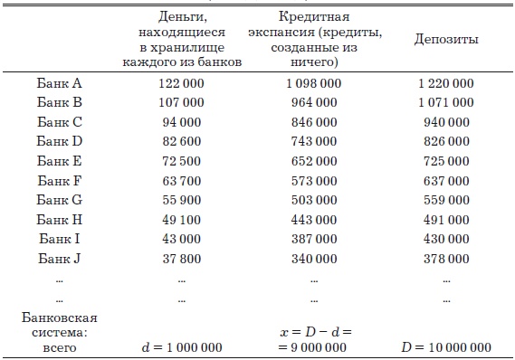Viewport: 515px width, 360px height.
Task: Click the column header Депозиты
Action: (x=445, y=40)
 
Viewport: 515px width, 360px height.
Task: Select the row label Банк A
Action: (x=59, y=83)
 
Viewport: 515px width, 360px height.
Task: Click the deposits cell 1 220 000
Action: (x=445, y=83)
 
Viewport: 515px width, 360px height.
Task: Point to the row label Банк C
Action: (x=59, y=122)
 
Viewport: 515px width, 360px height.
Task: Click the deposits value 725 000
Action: (x=445, y=161)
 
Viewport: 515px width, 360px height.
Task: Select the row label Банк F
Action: (x=59, y=181)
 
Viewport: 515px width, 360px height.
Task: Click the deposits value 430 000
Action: (x=445, y=239)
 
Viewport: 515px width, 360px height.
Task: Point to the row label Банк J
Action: (x=59, y=259)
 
